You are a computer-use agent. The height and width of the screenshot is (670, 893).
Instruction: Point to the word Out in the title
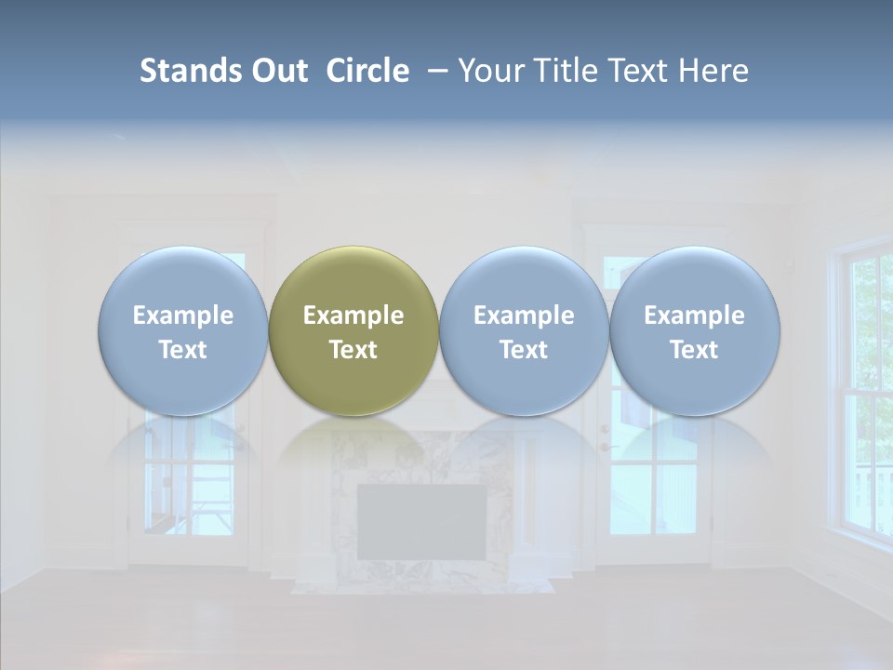coord(278,71)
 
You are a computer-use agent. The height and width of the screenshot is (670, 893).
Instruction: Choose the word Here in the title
coord(713,71)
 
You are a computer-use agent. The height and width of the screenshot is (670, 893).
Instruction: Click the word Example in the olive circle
coord(353,315)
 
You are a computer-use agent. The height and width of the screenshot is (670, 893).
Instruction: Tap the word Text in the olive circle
coord(353,350)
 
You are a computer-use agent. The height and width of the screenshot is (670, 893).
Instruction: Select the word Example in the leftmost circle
coord(183,315)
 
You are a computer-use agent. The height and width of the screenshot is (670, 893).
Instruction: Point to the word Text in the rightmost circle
coord(694,350)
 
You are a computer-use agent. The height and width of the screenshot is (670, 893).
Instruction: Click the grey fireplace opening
coord(421,521)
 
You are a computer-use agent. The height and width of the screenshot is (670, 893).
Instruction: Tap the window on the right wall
coord(865,391)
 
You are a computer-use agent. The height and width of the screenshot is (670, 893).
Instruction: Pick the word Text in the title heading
coord(639,71)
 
